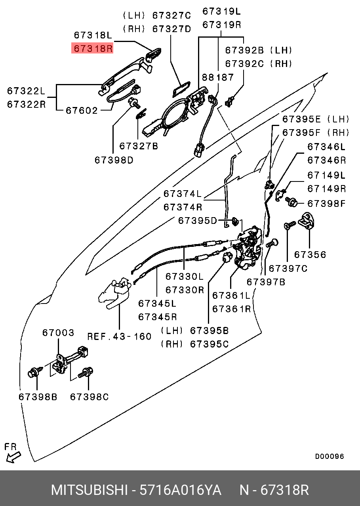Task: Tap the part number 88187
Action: click(217, 77)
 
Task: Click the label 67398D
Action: click(114, 160)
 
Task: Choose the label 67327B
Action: click(139, 146)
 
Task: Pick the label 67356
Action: click(310, 254)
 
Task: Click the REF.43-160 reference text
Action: click(119, 336)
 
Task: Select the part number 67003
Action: click(58, 333)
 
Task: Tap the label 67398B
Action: click(38, 397)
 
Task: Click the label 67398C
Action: click(89, 397)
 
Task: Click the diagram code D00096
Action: click(329, 456)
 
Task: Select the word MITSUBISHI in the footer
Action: click(89, 490)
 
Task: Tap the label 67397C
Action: click(288, 269)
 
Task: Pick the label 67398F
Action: click(326, 204)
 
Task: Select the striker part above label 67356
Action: click(308, 221)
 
